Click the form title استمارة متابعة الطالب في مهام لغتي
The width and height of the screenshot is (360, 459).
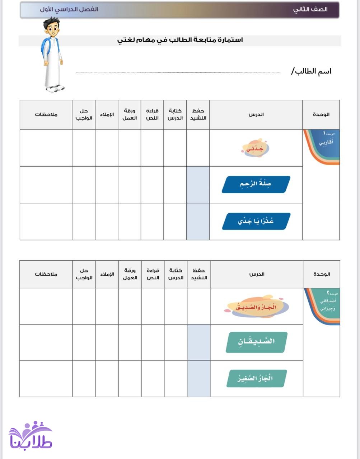tap(180, 40)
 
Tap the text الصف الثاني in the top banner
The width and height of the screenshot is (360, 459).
tap(310, 10)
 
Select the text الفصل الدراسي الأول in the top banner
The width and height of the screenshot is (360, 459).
tap(69, 10)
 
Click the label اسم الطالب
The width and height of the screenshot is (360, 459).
tap(311, 71)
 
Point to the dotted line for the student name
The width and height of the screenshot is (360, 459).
tap(178, 72)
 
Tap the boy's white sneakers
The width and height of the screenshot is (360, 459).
tap(55, 88)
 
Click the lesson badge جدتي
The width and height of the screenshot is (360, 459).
tap(255, 148)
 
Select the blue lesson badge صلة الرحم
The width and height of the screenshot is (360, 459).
tap(256, 184)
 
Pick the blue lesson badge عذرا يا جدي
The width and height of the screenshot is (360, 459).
tap(256, 221)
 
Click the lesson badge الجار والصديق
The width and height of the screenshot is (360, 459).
tap(256, 307)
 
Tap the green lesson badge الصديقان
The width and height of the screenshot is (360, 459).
tap(256, 342)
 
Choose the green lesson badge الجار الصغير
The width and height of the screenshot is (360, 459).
tap(256, 378)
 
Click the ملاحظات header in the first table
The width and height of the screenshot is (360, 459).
tap(46, 115)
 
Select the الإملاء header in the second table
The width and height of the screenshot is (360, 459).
tap(107, 274)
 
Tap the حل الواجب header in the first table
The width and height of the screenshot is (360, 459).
tap(84, 115)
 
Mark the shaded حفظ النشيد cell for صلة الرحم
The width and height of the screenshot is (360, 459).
tap(198, 185)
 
